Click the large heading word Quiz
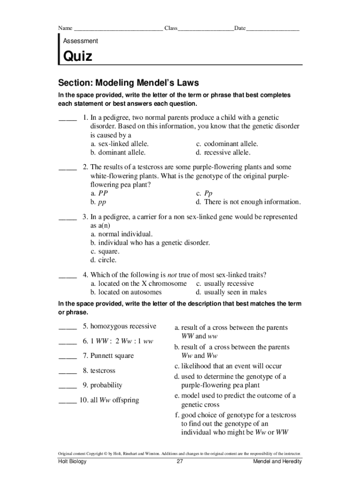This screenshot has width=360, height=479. (78, 57)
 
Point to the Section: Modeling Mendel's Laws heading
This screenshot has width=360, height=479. (129, 83)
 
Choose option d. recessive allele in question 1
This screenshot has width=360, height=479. (223, 152)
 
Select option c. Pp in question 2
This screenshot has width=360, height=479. (204, 193)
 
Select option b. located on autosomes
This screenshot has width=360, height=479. (126, 292)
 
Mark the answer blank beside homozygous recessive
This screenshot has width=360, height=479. (67, 327)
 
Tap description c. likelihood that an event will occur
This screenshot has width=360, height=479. (228, 366)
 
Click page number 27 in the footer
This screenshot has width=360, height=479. (180, 462)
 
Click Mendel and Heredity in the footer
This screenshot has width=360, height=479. (277, 462)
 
